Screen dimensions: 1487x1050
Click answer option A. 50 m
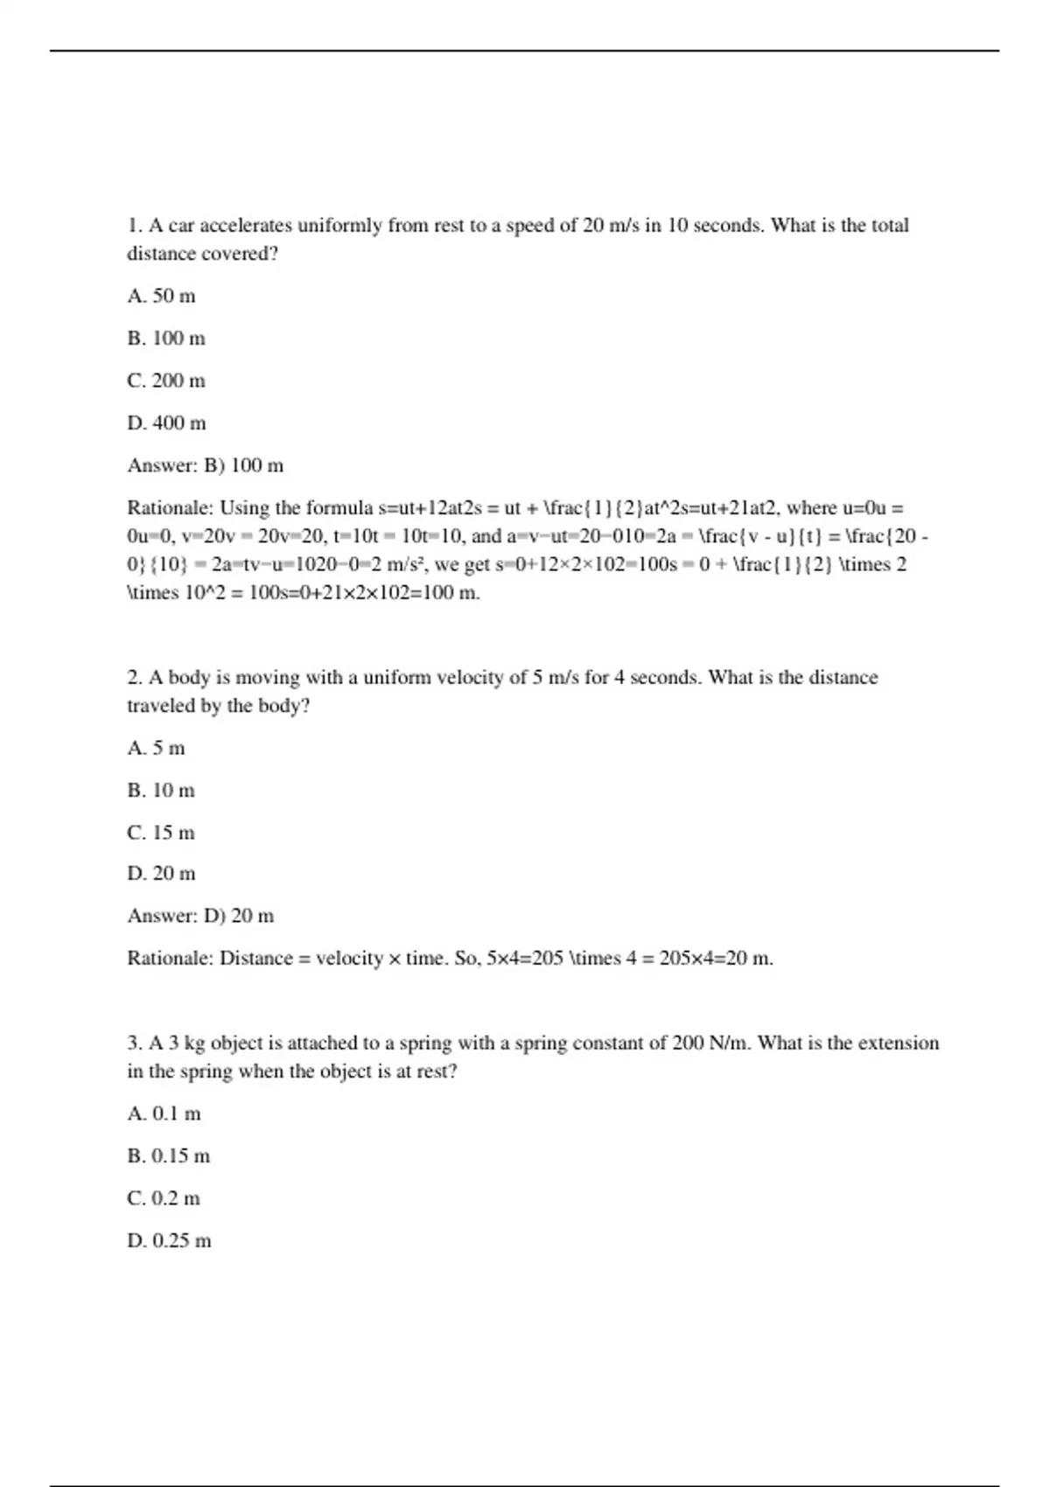pos(162,296)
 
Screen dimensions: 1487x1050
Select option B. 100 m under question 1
pos(166,339)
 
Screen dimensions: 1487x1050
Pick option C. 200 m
pos(166,380)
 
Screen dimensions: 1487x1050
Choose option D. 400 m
pos(167,423)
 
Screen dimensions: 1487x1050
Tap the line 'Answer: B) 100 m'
pos(206,465)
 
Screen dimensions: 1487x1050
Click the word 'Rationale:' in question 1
pos(170,508)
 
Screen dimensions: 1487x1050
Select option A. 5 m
pos(157,748)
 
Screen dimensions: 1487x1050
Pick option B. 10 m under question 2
pos(161,791)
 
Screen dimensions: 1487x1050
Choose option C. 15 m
pos(161,833)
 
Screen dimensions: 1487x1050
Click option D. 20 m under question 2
pos(162,873)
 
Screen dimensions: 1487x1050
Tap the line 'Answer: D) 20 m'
pos(200,916)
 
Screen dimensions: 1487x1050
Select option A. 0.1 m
pos(164,1114)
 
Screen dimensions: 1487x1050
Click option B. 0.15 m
pos(169,1155)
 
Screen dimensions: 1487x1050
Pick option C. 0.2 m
pos(164,1198)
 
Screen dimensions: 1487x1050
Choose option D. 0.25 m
pos(170,1240)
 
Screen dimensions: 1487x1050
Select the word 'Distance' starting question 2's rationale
pos(256,959)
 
